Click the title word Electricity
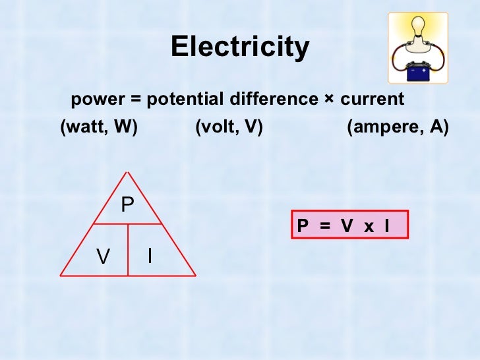coord(240,47)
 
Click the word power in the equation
coord(96,100)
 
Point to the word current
coord(372,100)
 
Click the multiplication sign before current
coord(329,100)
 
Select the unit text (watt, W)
coord(99,127)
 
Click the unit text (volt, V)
coord(229,127)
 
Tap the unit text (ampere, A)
coord(398,127)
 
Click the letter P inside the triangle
coord(127,206)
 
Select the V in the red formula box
coord(347,227)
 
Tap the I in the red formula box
coord(386,227)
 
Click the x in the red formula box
coord(369,227)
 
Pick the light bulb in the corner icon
coord(417,28)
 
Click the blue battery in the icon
coord(417,71)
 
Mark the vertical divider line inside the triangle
coord(127,249)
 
